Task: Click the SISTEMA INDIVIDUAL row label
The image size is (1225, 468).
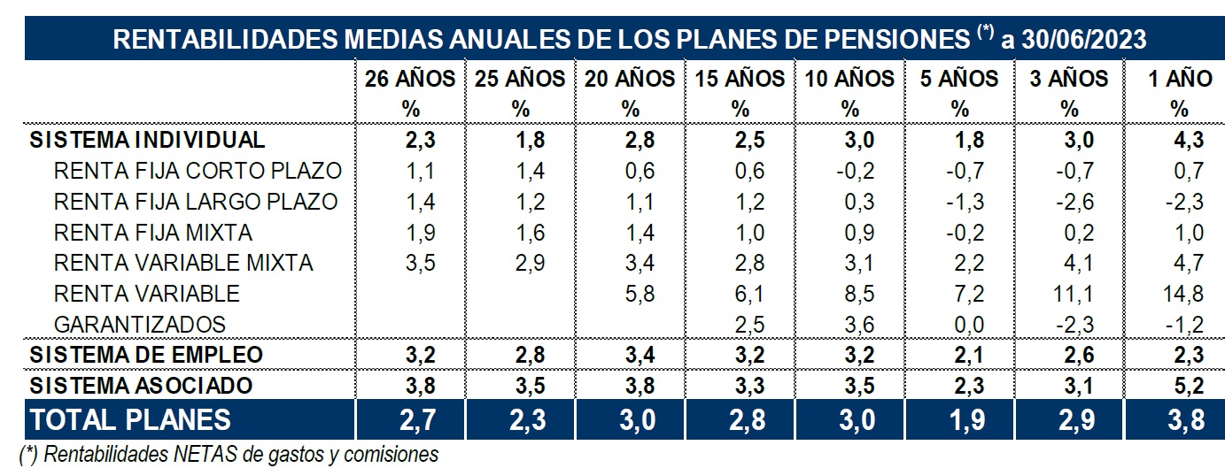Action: point(147,139)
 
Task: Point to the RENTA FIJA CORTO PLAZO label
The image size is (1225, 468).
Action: point(198,171)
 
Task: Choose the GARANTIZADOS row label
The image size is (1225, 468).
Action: point(140,324)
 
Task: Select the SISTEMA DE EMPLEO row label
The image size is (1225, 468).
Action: point(146,355)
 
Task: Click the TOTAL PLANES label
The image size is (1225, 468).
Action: point(130,419)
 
